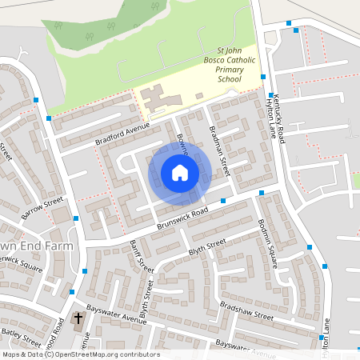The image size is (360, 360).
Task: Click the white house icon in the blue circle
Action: point(180,173)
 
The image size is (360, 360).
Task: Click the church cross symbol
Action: point(78,320)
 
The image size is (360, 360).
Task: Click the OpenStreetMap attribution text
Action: point(80,354)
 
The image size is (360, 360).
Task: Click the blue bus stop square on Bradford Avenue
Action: point(50,118)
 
